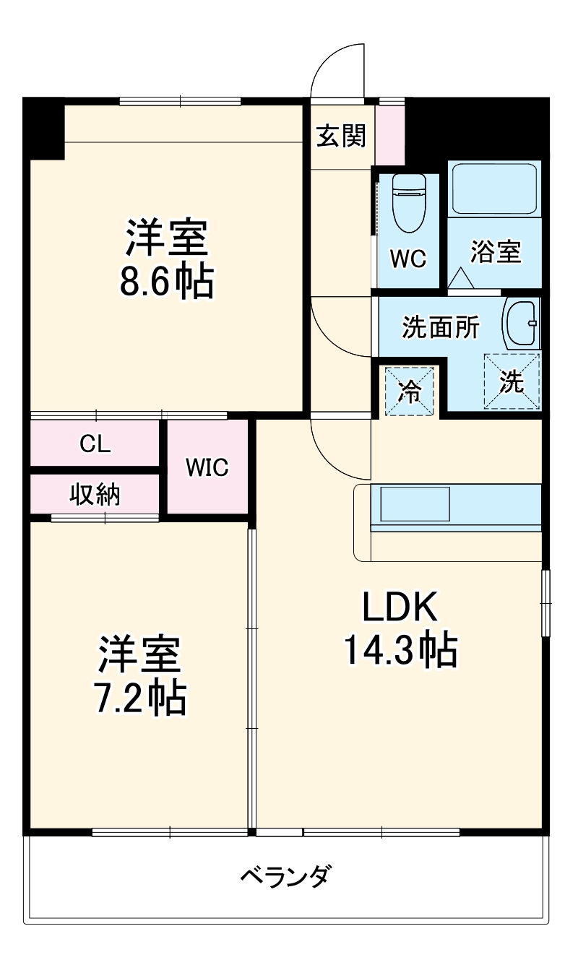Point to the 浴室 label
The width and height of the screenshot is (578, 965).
tap(496, 253)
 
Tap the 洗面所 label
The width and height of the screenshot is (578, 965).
tap(440, 328)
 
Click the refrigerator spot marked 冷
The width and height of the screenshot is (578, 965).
tap(410, 392)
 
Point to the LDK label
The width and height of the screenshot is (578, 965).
tap(400, 609)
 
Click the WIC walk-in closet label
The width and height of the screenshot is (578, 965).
tap(207, 468)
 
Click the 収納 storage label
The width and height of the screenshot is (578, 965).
tap(95, 494)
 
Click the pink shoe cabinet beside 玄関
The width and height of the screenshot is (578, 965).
tap(390, 135)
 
